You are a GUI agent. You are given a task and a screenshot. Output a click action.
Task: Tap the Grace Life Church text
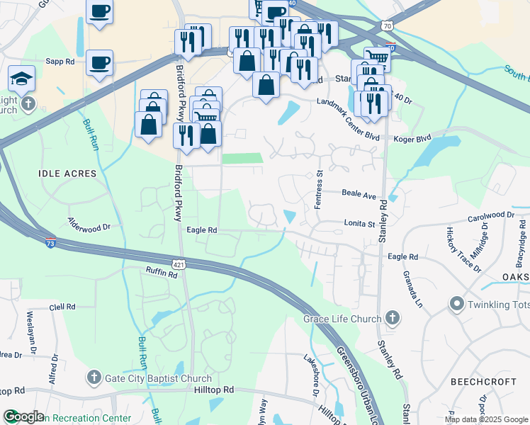click(x=342, y=319)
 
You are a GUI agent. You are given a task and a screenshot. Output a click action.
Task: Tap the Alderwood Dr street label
click(x=90, y=227)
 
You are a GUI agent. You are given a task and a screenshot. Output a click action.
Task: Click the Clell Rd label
click(x=62, y=307)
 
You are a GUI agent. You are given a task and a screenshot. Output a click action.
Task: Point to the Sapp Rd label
click(x=60, y=62)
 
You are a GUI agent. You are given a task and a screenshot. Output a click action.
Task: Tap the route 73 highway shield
click(x=49, y=242)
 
